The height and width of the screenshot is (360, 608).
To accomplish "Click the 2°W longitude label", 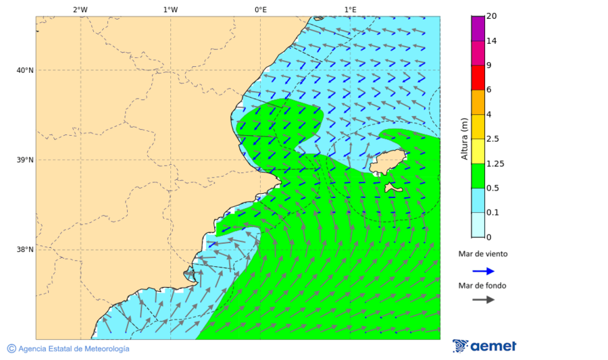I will click(x=80, y=9).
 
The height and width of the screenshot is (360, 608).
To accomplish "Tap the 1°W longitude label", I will click(x=170, y=9).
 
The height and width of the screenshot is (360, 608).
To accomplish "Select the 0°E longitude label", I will click(x=260, y=9).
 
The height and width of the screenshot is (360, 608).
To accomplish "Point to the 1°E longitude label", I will click(x=350, y=9).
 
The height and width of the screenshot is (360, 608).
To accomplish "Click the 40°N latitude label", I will click(x=24, y=70).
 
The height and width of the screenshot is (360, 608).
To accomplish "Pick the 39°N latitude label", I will click(x=24, y=160).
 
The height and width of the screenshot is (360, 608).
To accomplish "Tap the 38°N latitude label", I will click(x=24, y=250).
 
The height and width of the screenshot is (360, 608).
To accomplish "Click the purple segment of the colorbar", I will click(x=478, y=28).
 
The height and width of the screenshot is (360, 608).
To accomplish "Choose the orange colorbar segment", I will click(x=478, y=102).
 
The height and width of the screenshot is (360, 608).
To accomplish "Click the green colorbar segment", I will click(x=478, y=176).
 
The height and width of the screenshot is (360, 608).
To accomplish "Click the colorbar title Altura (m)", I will click(x=464, y=138).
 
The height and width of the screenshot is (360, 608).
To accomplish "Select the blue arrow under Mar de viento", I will click(x=483, y=271).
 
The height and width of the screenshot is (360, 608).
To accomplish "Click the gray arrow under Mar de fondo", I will click(x=483, y=300).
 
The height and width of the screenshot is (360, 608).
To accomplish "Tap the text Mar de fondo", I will click(x=482, y=286).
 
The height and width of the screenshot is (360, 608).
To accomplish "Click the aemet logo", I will click(x=484, y=346).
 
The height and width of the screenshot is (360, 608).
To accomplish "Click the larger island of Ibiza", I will click(x=385, y=162).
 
